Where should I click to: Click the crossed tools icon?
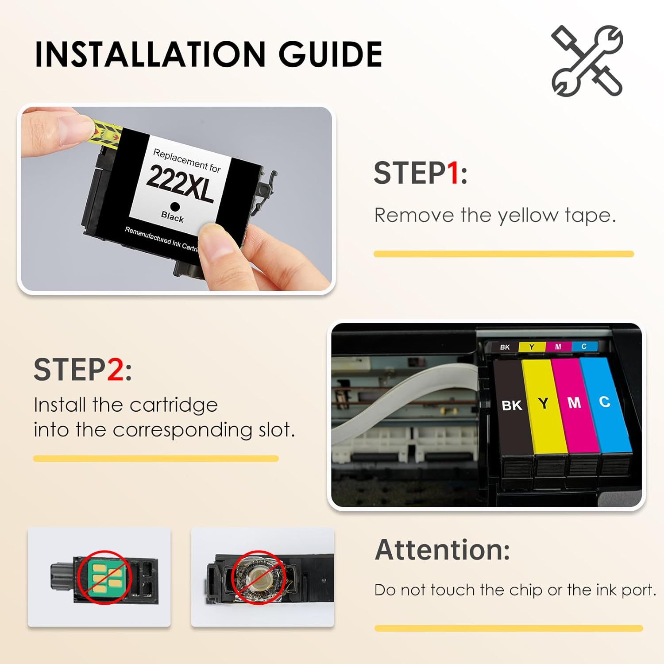click(587, 61)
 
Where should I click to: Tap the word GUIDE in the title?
click(330, 54)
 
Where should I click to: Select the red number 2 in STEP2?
click(115, 370)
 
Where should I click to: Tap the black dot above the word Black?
click(175, 207)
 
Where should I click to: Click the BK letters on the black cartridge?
click(512, 405)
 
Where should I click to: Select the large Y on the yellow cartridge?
click(543, 403)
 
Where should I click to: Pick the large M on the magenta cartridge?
click(574, 402)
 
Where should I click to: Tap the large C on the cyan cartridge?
click(605, 401)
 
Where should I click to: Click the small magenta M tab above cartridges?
click(558, 347)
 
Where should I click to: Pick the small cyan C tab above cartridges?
click(584, 346)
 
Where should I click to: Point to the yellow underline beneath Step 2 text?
click(156, 459)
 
